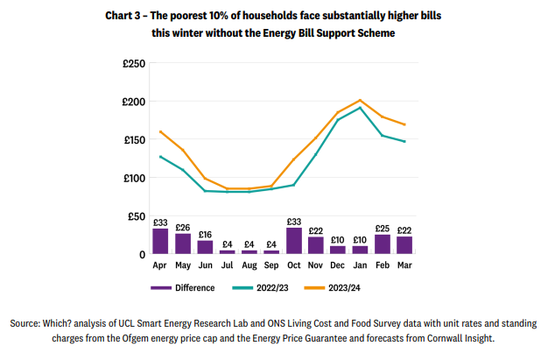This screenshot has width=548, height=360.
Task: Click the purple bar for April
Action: pos(160,241)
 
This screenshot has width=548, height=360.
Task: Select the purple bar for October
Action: pos(294,241)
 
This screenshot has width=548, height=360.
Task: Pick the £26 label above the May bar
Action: pos(182,227)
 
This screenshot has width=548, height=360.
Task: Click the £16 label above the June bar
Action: pos(205,234)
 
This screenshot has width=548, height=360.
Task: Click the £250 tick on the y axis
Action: pos(133,63)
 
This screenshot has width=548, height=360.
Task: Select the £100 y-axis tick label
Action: pos(133,178)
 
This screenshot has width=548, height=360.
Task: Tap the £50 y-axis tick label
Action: pos(136,216)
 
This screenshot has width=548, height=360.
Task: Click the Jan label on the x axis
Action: pos(360,265)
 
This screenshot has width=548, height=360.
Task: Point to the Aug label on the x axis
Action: pos(249,265)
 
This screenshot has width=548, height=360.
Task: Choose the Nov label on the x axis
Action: pos(316,265)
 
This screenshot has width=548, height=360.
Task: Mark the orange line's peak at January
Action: pos(360,101)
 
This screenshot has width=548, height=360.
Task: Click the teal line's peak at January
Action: pos(360,108)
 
